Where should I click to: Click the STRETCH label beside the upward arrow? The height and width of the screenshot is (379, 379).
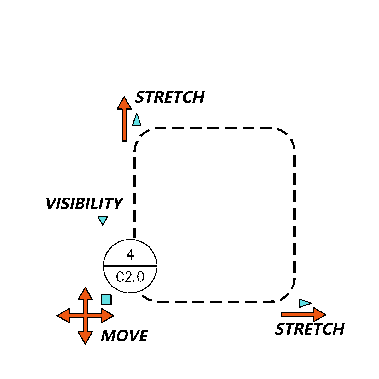(170, 97)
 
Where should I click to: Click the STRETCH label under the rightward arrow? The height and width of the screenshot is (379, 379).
(310, 329)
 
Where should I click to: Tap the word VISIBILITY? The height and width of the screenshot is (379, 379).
(84, 204)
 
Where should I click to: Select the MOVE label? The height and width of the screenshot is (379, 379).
(124, 336)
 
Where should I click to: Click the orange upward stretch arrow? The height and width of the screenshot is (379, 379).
(124, 119)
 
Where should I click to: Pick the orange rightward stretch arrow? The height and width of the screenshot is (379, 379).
(304, 315)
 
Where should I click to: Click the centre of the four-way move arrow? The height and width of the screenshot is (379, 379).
(85, 316)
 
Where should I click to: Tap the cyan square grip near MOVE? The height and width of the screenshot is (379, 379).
(106, 299)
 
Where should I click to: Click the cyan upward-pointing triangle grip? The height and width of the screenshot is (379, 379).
(137, 119)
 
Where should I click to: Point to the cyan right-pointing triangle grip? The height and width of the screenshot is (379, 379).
(305, 303)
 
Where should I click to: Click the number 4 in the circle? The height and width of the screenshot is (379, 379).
(130, 254)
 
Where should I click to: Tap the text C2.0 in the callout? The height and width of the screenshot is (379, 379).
(130, 277)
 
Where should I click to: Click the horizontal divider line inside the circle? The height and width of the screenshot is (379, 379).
(130, 266)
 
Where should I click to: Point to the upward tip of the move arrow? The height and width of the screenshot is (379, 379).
(85, 287)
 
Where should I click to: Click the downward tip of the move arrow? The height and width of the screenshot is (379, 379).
(85, 344)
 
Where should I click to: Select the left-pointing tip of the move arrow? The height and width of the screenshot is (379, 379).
(57, 316)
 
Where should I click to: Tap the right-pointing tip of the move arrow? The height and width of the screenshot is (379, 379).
(114, 316)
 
